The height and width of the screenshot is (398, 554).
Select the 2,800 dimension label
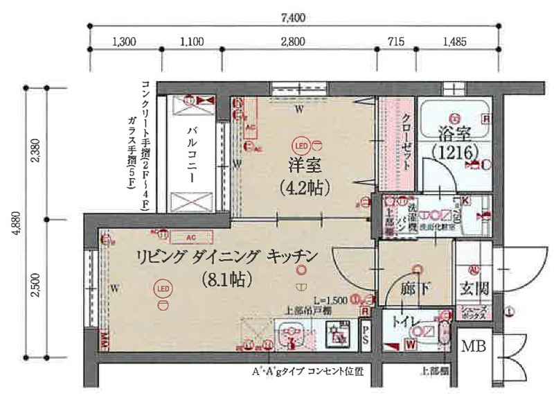[x=294, y=41]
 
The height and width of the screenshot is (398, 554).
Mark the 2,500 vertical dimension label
[x=36, y=288]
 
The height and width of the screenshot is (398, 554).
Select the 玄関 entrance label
[x=475, y=289]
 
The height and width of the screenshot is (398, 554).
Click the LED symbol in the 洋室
[x=301, y=146]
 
